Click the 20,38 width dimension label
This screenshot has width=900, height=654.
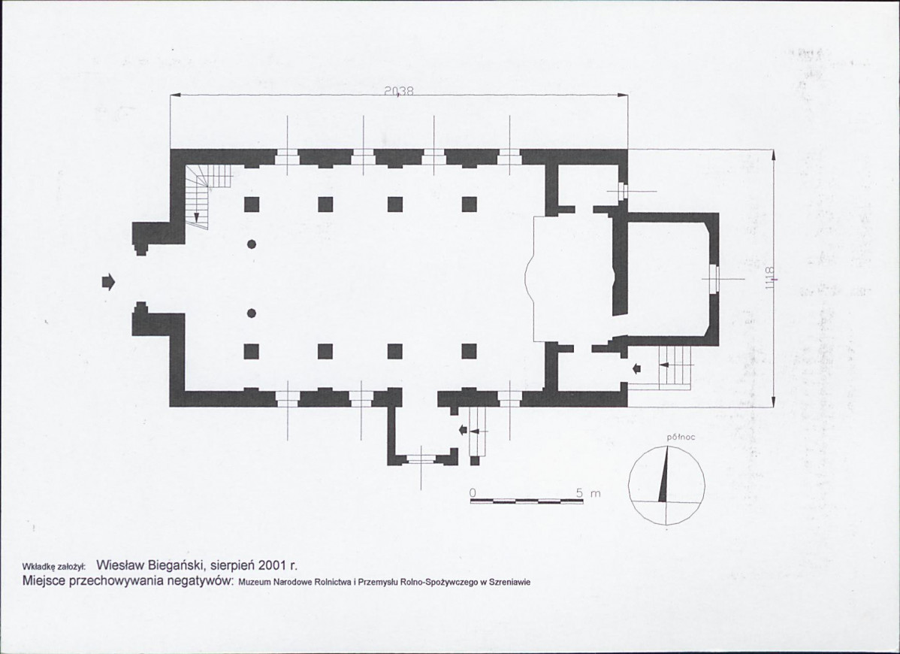coord(399,91)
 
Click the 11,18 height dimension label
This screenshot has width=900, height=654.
coord(770,277)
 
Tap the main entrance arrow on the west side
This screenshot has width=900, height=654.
coord(108,282)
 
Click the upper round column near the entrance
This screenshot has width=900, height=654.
coord(252,244)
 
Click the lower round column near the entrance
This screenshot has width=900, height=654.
coord(252,313)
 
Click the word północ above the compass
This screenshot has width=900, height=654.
coord(681,437)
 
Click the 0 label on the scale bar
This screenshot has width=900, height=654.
coord(473,493)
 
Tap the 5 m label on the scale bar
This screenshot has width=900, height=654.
coord(588,493)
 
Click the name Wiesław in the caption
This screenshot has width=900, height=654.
coord(119,565)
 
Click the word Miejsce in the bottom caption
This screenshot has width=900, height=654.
coord(44,580)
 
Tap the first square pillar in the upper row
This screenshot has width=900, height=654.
coord(252,204)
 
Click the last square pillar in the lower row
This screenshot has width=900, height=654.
coord(469,351)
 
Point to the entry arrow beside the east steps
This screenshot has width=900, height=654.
coord(636,368)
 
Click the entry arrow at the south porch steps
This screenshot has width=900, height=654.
coord(464,430)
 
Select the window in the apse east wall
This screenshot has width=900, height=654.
coord(714,279)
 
